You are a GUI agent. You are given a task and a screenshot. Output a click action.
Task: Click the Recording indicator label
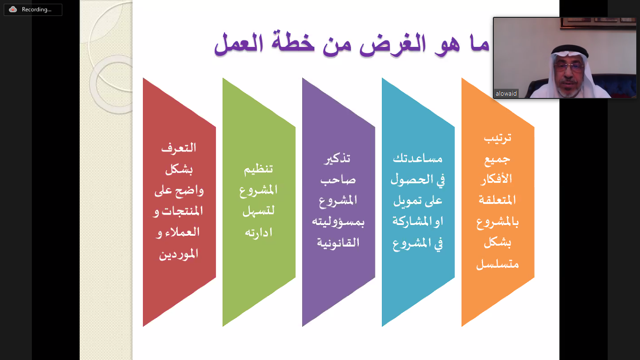(x=37, y=9)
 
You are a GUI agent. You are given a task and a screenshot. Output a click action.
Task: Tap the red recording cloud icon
(x=13, y=9)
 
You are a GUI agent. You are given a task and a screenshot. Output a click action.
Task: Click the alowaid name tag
(x=506, y=93)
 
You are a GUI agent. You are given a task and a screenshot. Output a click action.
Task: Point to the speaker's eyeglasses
(x=568, y=67)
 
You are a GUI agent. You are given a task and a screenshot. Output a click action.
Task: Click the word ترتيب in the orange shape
(x=498, y=138)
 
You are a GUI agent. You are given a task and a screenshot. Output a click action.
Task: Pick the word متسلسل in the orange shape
(x=498, y=264)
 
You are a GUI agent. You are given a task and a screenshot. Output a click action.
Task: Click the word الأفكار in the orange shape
(x=498, y=179)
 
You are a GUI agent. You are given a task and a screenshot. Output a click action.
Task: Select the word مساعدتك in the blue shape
(x=418, y=158)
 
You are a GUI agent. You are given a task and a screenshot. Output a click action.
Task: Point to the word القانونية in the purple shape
(x=338, y=243)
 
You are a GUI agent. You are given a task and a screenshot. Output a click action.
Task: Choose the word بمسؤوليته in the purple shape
(x=338, y=222)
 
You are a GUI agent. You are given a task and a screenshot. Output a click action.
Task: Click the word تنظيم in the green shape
(x=258, y=169)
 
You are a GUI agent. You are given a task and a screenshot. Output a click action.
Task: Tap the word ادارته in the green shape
(x=259, y=232)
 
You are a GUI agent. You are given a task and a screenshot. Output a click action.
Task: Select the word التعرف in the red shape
(x=179, y=148)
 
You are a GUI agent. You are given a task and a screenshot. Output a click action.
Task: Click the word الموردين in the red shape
(x=179, y=254)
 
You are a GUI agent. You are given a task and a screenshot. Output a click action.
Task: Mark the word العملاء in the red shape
(x=182, y=232)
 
